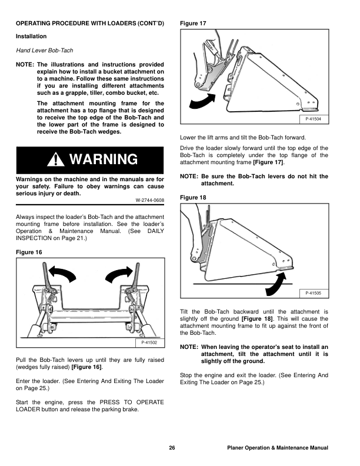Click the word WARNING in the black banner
coord(104,159)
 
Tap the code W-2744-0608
coord(150,201)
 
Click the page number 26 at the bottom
coord(172,449)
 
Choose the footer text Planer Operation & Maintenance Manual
coord(277,449)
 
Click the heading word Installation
coord(31,36)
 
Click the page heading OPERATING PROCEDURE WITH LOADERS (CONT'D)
coord(89,23)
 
